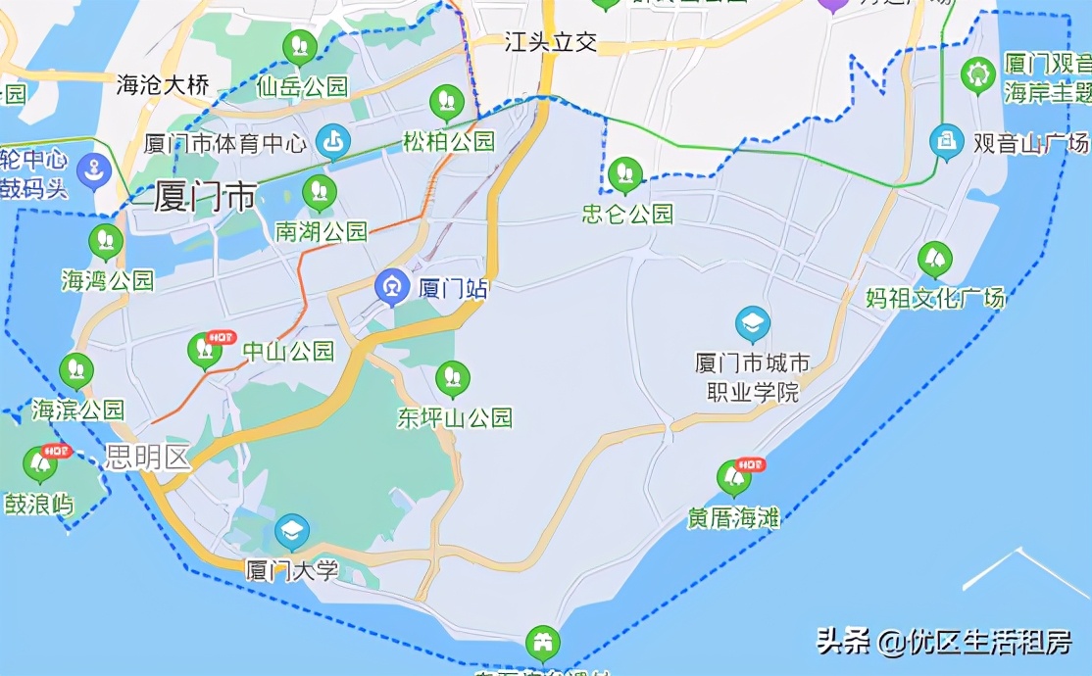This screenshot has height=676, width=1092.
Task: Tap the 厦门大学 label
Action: pos(291,570)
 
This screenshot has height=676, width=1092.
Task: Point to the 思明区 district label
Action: pos(148,458)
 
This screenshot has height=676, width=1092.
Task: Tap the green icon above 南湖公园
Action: pos(319,191)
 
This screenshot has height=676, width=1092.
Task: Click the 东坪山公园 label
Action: pos(454,418)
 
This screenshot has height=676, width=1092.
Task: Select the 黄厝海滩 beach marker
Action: pos(733,477)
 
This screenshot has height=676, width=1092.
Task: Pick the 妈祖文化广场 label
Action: pos(935,298)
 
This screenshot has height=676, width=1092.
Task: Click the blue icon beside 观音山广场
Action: pos(947,142)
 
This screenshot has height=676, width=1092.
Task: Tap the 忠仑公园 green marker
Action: pos(625,174)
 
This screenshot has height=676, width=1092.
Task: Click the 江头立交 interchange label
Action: pos(550,42)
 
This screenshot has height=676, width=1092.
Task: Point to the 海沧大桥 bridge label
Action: pos(163,85)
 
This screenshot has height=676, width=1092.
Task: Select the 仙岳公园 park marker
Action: pos(299,45)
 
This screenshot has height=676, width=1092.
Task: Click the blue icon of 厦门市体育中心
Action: pos(334,143)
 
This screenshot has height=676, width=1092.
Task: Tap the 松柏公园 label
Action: pos(449,141)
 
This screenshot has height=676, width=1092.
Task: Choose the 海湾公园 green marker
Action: pos(105,240)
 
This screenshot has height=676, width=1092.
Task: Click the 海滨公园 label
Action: pos(78,410)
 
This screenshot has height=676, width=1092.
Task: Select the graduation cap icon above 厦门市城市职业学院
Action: pos(753,324)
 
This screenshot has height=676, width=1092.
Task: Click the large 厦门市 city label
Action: pos(205,196)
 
